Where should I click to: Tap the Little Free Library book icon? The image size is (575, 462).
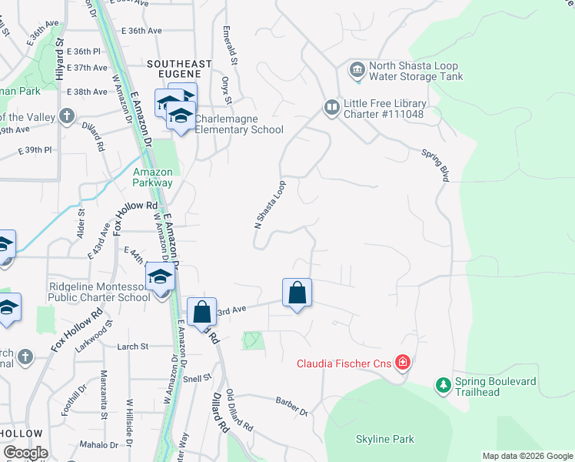point(331,107)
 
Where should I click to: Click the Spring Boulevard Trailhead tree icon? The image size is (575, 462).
point(443,386)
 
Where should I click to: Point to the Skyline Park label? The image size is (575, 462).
point(385,440)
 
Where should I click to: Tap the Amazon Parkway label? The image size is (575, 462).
point(152,178)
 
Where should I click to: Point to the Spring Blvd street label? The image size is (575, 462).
point(434,165)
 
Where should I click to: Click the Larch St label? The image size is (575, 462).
point(132,347)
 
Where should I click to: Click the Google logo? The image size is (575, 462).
point(25,453)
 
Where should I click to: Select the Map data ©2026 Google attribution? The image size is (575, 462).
point(527,456)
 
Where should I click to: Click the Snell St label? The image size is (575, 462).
point(197,379)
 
